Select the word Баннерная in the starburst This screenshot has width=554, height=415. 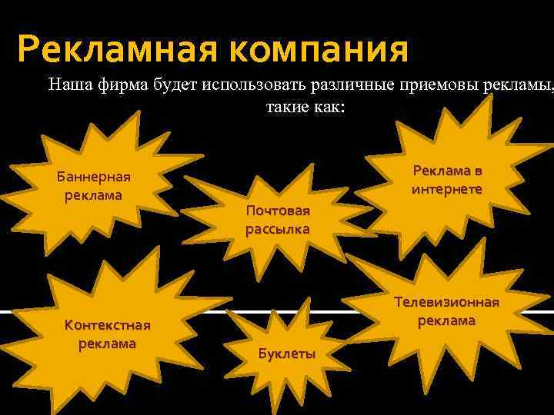point(94,178)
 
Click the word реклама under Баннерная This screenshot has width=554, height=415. point(94,194)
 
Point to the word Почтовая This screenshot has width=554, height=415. point(278,211)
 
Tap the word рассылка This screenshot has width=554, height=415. point(278,229)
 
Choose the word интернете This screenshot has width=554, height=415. point(447,188)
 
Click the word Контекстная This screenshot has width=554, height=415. point(108,325)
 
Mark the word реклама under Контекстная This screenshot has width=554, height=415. point(108,343)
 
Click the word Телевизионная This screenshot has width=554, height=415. point(447,302)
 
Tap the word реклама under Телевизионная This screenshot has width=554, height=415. point(447,320)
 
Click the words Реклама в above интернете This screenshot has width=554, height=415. point(447,171)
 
